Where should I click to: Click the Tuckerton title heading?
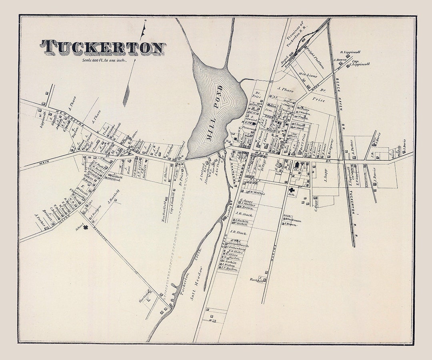point(102,47)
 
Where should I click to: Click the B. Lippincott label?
point(350,52)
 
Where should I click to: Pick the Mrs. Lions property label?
point(307,75)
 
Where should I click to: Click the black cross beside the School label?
point(85,227)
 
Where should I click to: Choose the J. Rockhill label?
point(256,279)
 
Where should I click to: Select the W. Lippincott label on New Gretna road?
point(41,119)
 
